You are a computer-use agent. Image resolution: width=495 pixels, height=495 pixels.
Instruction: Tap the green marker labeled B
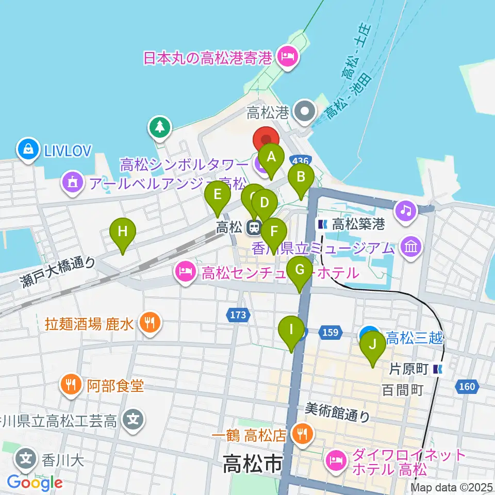pyautogui.click(x=302, y=178)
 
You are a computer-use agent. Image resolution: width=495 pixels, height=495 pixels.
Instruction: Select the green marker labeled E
pyautogui.click(x=218, y=196)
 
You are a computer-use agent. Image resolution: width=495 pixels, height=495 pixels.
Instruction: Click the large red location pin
pyautogui.click(x=266, y=140)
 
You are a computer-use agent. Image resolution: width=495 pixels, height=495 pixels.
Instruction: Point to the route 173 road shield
pyautogui.click(x=237, y=314)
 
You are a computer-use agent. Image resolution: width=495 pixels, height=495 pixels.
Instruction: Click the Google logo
pyautogui.click(x=35, y=483)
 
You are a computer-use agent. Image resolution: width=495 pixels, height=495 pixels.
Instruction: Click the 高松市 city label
pyautogui.click(x=252, y=465)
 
